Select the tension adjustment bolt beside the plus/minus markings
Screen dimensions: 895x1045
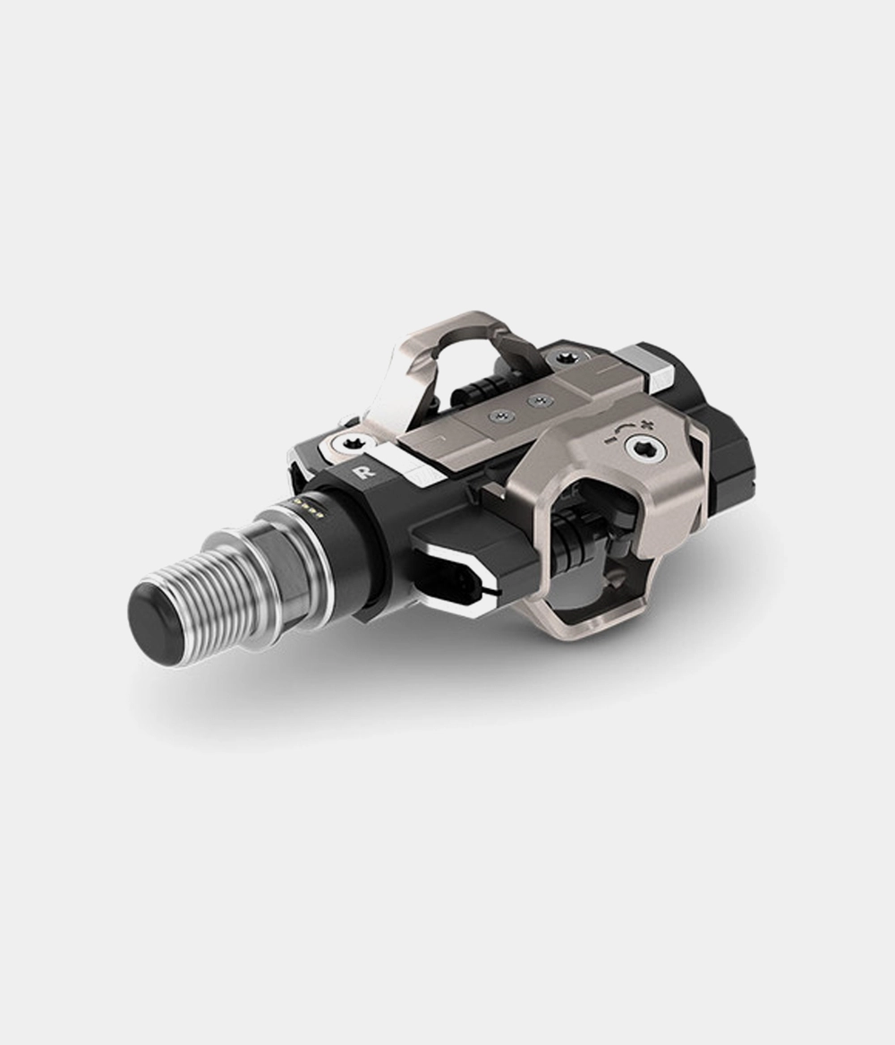[x=643, y=452]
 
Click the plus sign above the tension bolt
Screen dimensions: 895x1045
[x=644, y=424]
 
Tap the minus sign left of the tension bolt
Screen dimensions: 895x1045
[x=607, y=440]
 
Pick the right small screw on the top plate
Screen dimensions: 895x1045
[x=537, y=401]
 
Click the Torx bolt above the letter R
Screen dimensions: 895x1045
[x=349, y=443]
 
